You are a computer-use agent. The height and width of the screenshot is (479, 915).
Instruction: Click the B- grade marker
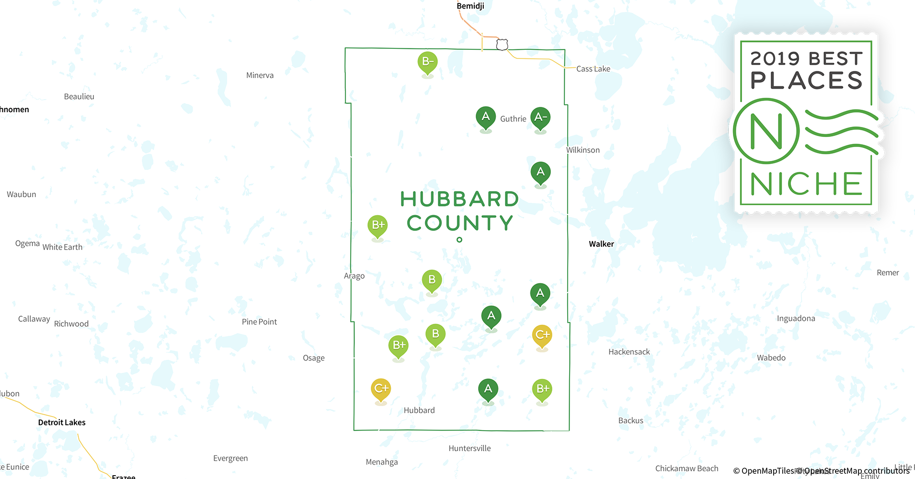[427, 62]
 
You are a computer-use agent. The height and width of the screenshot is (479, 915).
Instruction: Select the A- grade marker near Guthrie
[540, 118]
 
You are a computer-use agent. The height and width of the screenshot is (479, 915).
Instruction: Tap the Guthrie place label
[513, 119]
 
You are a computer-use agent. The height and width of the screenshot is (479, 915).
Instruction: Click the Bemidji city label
[470, 6]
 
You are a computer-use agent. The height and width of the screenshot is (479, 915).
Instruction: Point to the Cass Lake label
[593, 69]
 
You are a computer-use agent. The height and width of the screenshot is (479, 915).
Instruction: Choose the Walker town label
[601, 244]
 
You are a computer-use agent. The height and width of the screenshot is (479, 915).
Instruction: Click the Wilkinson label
[583, 150]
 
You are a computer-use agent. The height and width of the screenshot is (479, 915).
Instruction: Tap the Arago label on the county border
[354, 276]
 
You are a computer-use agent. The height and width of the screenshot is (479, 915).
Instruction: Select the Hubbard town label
[419, 410]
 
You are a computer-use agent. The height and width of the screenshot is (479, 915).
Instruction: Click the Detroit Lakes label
[62, 422]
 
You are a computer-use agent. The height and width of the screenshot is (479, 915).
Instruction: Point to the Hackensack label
[629, 352]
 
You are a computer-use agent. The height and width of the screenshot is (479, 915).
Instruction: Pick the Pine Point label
[259, 322]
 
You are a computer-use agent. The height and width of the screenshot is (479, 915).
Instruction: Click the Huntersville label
[469, 448]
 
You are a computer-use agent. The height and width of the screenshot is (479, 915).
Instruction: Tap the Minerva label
[260, 75]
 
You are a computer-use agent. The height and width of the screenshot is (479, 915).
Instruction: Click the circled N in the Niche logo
[766, 131]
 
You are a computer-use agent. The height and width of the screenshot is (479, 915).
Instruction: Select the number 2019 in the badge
[775, 59]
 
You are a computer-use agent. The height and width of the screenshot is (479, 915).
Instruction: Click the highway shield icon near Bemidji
[502, 45]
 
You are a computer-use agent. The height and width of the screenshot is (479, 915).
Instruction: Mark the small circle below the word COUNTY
[459, 239]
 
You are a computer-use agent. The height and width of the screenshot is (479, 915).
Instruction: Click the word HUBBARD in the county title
[459, 199]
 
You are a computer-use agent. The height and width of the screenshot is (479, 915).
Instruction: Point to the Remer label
[888, 273]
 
